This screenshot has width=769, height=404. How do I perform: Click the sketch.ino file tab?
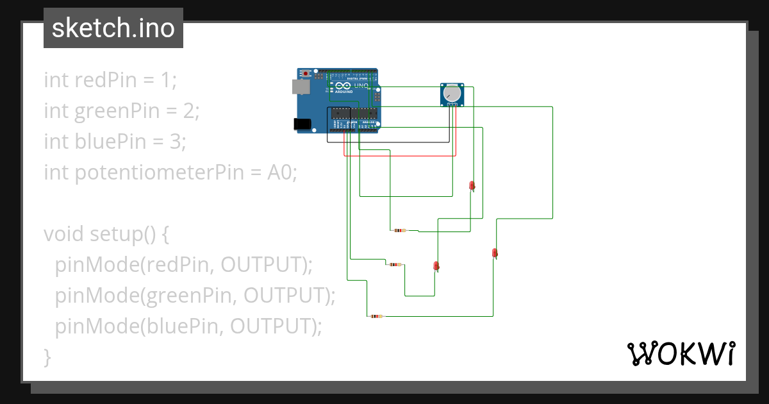click(x=113, y=28)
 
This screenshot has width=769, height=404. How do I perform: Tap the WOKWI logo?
click(x=680, y=353)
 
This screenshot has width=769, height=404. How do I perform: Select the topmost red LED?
click(x=472, y=186)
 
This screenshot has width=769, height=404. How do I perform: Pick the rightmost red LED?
click(x=494, y=253)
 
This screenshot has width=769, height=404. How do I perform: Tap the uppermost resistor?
click(x=400, y=230)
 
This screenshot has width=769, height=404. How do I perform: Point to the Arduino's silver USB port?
click(x=298, y=87)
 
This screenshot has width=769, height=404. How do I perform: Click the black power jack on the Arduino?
click(x=301, y=124)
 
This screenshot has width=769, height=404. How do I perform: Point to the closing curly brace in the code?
click(x=47, y=357)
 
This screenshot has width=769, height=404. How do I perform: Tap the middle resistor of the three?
click(x=395, y=264)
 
